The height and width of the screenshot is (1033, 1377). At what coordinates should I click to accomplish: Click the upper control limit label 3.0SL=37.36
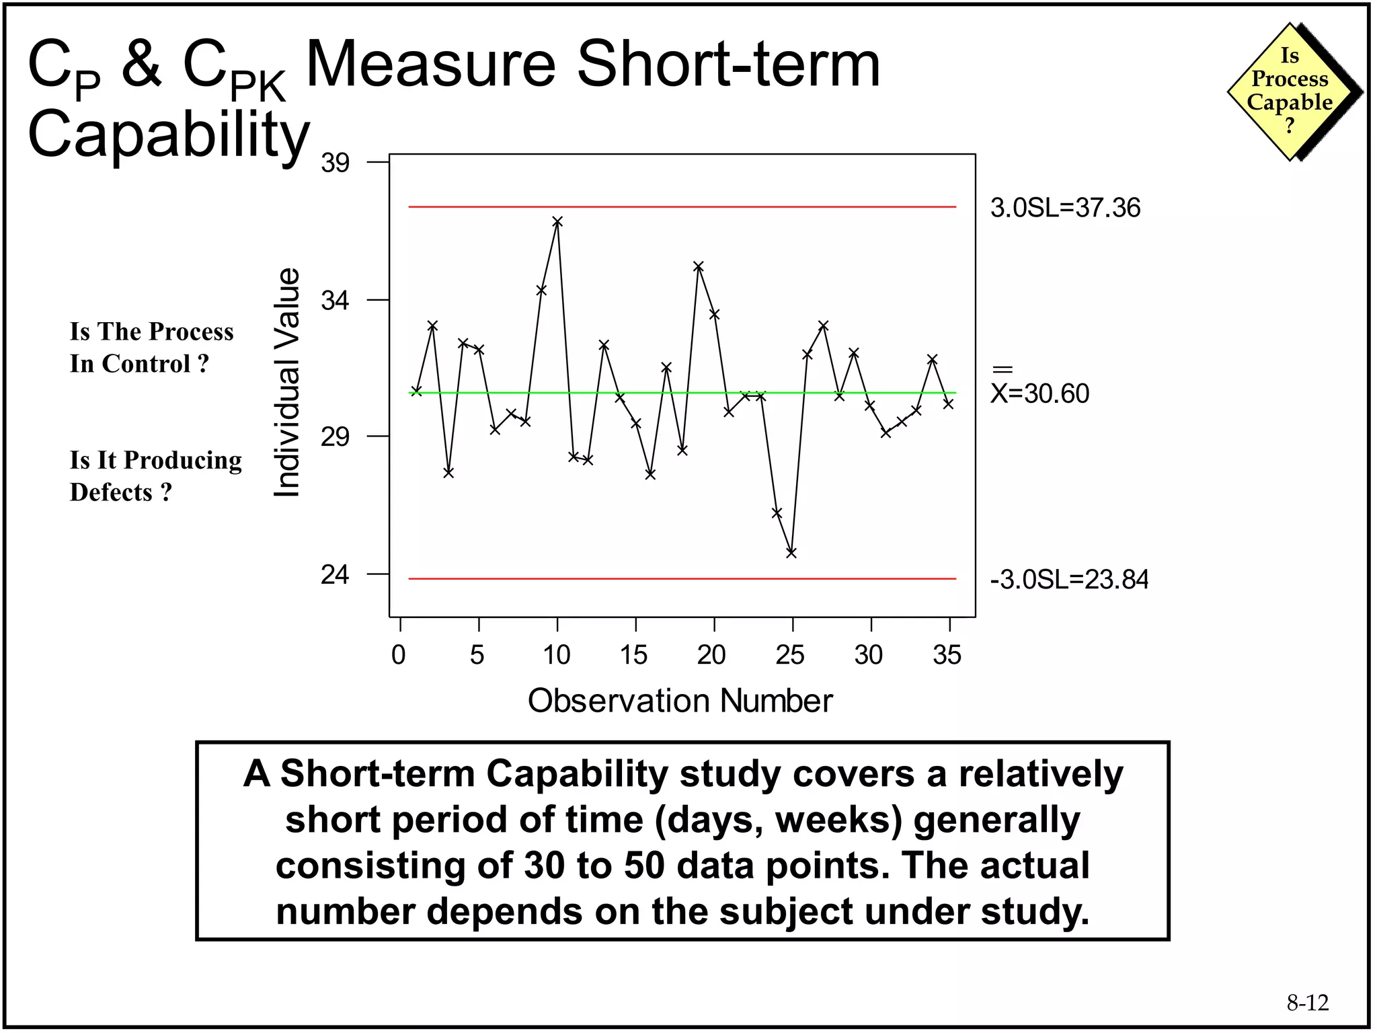pos(1065,208)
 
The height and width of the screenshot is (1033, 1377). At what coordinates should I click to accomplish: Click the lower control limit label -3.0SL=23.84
pos(1069,579)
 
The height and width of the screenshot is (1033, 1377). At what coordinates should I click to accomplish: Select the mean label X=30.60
pos(1039,393)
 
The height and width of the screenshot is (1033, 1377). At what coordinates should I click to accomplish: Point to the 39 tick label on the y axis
pos(335,163)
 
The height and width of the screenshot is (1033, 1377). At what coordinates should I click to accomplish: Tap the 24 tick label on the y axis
pos(335,575)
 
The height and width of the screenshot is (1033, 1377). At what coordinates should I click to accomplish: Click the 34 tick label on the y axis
pos(335,300)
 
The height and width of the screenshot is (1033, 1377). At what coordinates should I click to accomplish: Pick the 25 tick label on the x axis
pos(790,654)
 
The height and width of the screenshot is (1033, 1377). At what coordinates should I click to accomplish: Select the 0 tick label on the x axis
pos(399,654)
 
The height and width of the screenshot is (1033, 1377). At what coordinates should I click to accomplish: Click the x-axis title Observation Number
pos(680,701)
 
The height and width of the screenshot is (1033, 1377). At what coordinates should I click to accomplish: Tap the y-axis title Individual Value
pos(287,383)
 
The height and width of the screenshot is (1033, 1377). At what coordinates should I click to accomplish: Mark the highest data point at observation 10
pos(557,221)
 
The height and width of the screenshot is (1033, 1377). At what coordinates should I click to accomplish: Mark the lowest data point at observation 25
pos(791,553)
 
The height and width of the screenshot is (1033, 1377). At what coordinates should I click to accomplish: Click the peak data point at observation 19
pos(699,266)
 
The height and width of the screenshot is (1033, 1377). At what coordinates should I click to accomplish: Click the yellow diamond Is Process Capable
pos(1290,91)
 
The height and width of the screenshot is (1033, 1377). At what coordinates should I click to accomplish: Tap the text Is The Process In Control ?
pos(151,348)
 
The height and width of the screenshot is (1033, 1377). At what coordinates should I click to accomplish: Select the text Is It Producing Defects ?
pos(155,476)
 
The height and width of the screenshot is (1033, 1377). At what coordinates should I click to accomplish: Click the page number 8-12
pos(1307,1003)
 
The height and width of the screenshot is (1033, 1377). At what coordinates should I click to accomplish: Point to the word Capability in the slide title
pos(169,134)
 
